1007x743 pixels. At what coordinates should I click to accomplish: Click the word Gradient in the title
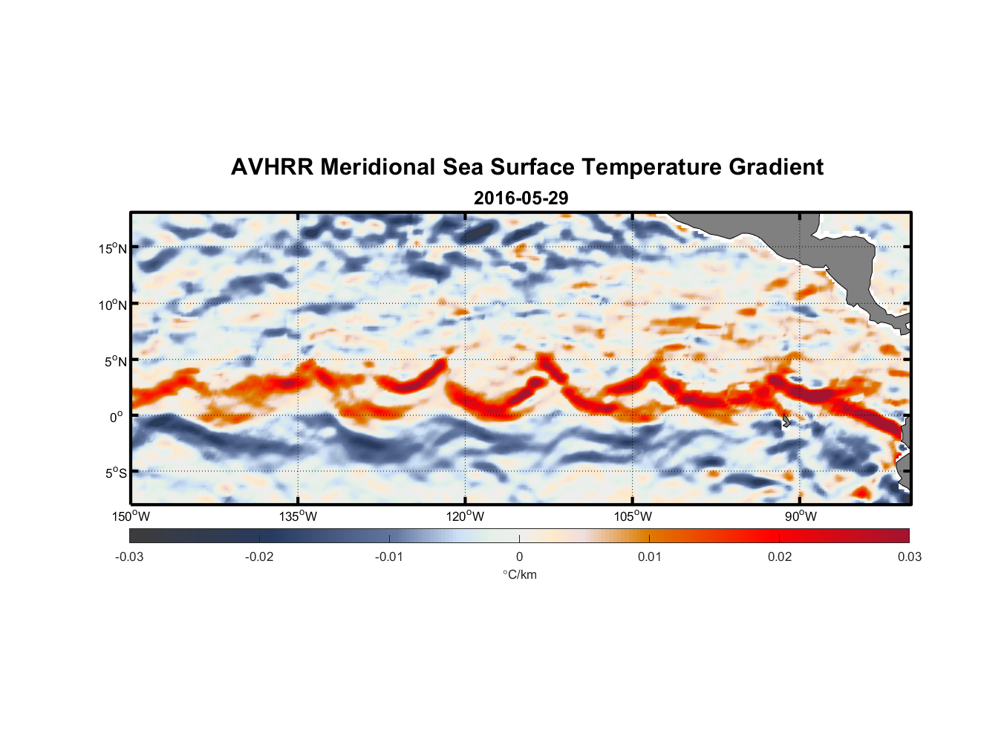coord(776,167)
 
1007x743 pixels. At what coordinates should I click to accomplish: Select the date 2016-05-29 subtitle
coord(521,198)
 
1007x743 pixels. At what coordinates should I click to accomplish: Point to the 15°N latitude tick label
coord(113,248)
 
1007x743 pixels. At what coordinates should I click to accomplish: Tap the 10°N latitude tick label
coord(113,305)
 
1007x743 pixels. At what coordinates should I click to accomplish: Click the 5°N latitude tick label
coord(115,361)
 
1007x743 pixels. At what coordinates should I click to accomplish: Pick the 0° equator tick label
coord(117,417)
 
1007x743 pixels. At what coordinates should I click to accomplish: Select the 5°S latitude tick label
coord(115,473)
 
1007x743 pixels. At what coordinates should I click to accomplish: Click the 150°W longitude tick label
coord(131,516)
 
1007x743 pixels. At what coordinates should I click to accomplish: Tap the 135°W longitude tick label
coord(299,516)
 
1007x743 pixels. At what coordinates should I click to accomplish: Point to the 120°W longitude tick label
coord(466,516)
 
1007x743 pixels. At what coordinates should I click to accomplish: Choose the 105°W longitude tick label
coord(633,516)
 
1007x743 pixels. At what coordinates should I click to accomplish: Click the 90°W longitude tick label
coord(800,516)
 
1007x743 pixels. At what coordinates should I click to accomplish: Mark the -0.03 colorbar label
coord(129,557)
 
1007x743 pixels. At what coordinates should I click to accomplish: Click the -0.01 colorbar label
coord(389,557)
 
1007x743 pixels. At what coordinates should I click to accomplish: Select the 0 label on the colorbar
coord(519,557)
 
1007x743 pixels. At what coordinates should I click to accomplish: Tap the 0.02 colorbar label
coord(779,557)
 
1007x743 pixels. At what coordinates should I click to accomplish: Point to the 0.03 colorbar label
coord(909,557)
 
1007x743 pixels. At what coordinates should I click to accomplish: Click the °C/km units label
coord(519,574)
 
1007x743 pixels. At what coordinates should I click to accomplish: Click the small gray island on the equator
coord(786,421)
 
